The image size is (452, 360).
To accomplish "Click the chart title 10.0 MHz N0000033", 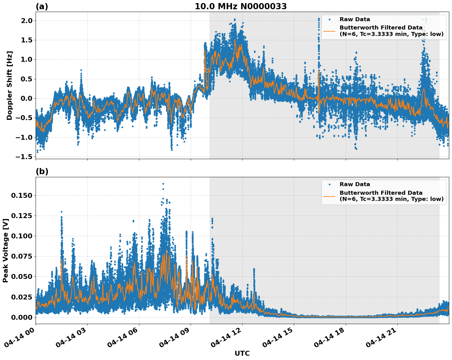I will (241, 6).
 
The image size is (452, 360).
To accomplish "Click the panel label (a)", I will (42, 6).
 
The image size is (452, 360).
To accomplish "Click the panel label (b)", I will (42, 171).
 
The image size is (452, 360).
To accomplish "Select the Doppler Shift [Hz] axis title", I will (10, 85).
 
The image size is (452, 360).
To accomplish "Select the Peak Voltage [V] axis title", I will (6, 250).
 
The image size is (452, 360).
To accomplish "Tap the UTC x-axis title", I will (242, 353).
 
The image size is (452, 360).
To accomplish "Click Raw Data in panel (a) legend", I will (355, 19).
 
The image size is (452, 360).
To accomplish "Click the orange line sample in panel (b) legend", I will (329, 196).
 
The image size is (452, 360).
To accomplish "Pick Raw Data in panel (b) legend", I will (355, 184).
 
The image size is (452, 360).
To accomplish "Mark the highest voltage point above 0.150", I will (163, 184).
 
